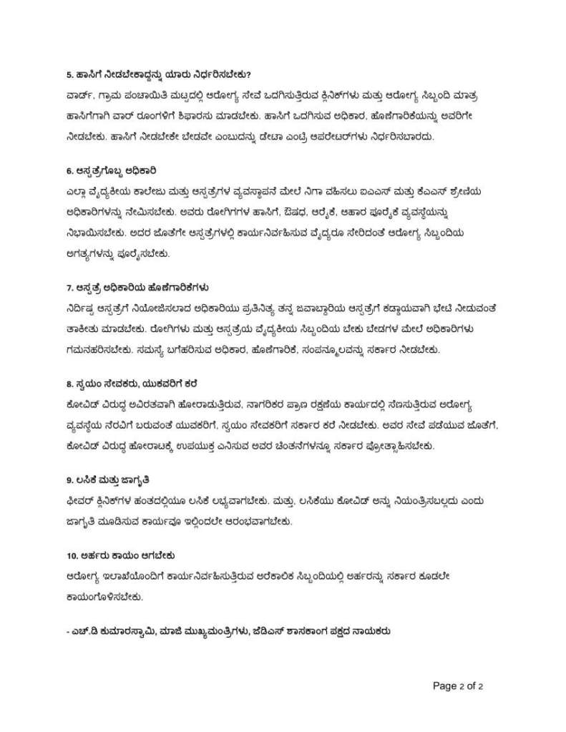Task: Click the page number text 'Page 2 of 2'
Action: point(459,685)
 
